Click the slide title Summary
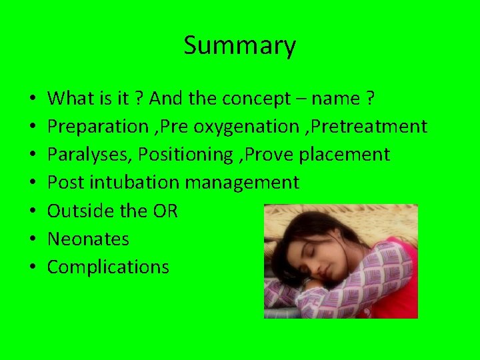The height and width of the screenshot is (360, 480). pyautogui.click(x=239, y=46)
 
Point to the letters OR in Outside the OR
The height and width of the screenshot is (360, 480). pyautogui.click(x=165, y=211)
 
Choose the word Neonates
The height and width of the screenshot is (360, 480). pyautogui.click(x=88, y=239)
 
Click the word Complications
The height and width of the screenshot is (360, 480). pyautogui.click(x=108, y=267)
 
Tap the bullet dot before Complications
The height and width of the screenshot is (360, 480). pyautogui.click(x=33, y=267)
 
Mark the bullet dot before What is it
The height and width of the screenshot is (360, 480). pyautogui.click(x=33, y=99)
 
